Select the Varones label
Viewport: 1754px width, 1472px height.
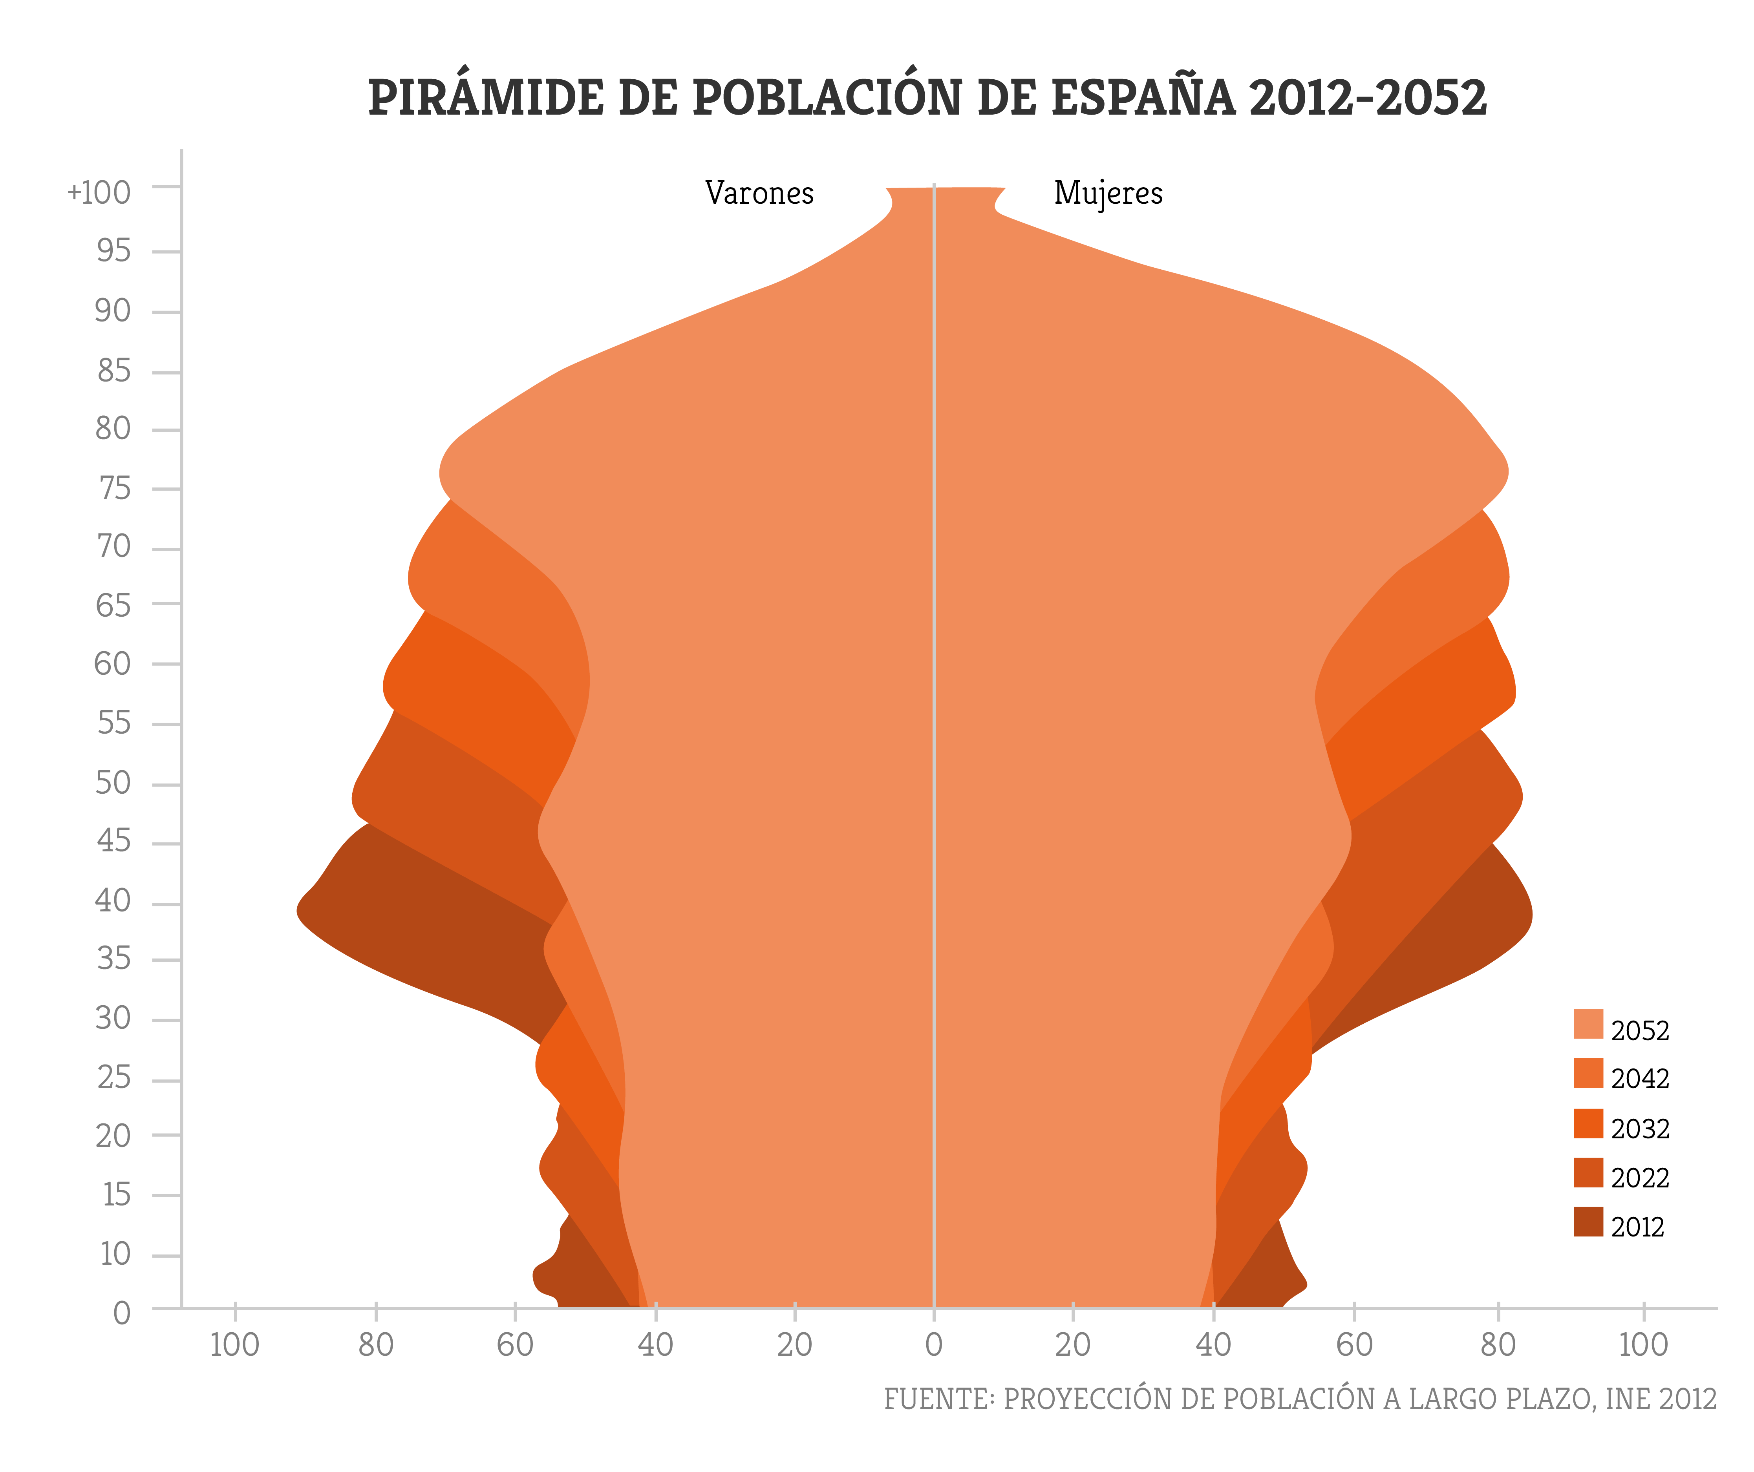[759, 193]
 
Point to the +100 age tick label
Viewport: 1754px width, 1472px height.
[99, 192]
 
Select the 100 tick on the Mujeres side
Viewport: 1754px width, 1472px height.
[1643, 1345]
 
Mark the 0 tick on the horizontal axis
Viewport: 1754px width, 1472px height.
[934, 1345]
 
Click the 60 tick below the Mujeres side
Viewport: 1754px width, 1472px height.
[1354, 1345]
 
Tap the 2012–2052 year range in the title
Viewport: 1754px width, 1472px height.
[1368, 98]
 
